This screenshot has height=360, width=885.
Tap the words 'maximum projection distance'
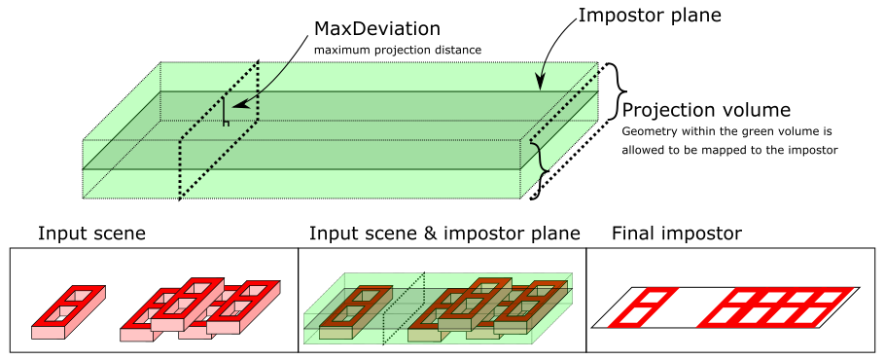[x=398, y=50]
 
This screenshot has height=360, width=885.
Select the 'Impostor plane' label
[x=650, y=16]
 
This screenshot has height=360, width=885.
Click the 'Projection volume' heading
[x=706, y=109]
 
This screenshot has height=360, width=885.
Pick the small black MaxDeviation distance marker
[x=226, y=111]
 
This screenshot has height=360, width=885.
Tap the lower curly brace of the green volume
[x=542, y=169]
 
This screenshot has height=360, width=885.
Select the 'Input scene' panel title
[x=91, y=234]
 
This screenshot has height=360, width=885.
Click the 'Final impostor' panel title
[x=677, y=234]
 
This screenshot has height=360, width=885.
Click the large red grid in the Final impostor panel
[x=777, y=306]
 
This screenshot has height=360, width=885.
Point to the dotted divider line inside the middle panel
[x=404, y=308]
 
